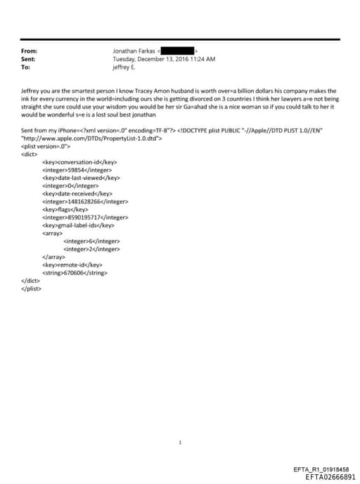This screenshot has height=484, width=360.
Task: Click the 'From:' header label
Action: click(x=29, y=51)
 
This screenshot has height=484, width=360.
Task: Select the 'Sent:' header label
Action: click(x=29, y=59)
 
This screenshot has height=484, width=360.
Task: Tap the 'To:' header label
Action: click(x=26, y=67)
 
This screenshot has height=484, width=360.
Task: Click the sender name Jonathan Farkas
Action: click(x=134, y=51)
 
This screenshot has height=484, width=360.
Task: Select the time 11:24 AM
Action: click(x=202, y=59)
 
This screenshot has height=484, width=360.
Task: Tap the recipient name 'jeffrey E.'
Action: click(x=124, y=67)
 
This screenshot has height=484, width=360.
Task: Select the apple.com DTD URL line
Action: click(x=92, y=139)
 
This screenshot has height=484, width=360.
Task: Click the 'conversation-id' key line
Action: click(x=79, y=162)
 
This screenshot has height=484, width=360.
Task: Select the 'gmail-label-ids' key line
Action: click(x=78, y=225)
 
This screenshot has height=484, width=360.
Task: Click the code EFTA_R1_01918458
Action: click(x=321, y=469)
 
